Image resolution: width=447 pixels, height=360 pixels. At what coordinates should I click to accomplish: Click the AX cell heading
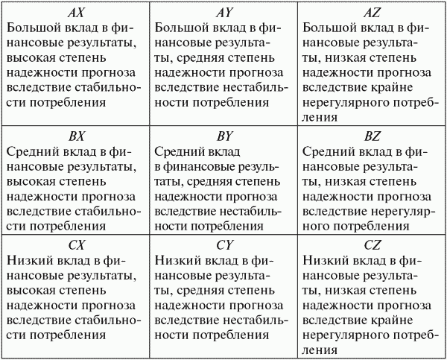coord(75,13)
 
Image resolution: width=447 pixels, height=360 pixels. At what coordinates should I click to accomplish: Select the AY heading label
coord(223,13)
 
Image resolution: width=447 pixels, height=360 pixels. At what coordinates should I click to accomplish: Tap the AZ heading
coord(372,13)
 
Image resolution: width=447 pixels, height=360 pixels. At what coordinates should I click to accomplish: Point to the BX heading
coord(75,136)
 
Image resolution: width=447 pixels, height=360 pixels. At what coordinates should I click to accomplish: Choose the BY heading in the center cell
coord(223,136)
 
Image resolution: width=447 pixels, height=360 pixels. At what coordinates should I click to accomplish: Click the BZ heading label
coord(372,136)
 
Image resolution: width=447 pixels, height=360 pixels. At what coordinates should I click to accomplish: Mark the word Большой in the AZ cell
coord(329,28)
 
